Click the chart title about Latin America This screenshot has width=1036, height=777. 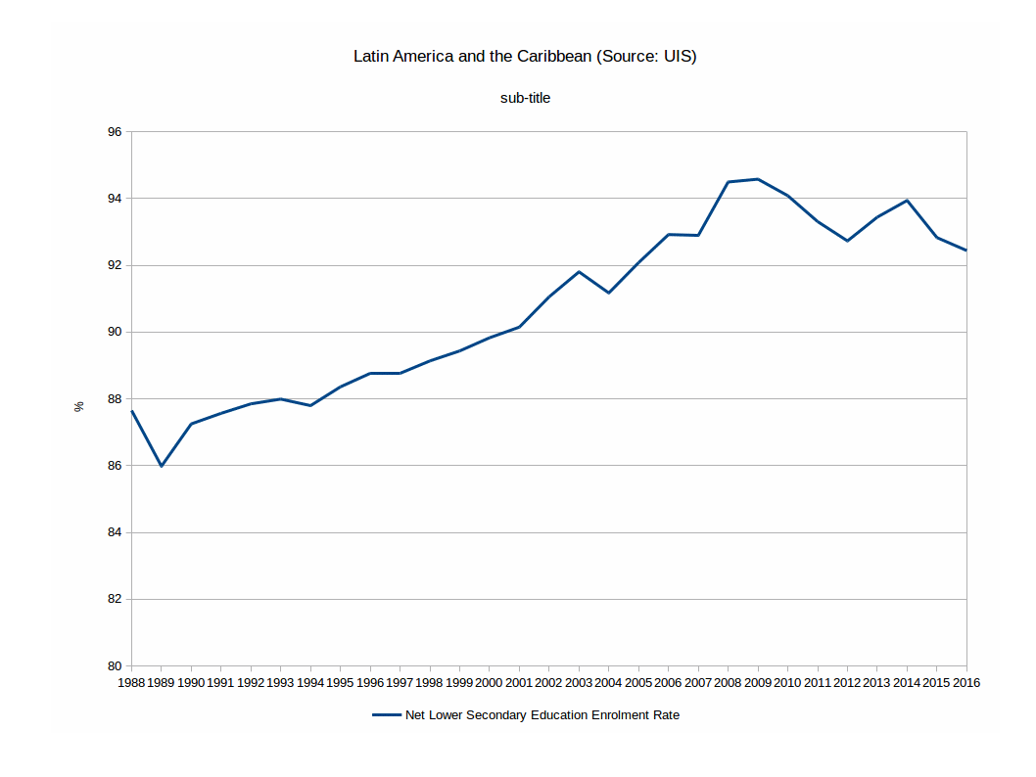tap(525, 57)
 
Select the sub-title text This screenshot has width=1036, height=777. tap(525, 98)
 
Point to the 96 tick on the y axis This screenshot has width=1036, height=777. tap(116, 132)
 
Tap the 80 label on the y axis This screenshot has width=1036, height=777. tap(116, 666)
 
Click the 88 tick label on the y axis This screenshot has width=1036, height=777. tap(116, 399)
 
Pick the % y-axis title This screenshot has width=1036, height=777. tap(79, 406)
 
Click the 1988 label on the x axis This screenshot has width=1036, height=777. tap(131, 682)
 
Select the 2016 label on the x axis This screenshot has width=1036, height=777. tap(965, 682)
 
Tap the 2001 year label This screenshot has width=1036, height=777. tap(519, 682)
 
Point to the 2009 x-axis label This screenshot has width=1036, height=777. tap(757, 682)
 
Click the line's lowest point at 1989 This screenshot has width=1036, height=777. tap(162, 466)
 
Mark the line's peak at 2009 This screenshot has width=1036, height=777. tap(758, 179)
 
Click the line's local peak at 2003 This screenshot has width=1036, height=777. tap(579, 272)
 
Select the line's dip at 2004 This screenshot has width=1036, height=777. tap(609, 293)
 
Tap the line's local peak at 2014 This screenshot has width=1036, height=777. tap(908, 201)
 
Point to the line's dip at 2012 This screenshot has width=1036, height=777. tap(847, 241)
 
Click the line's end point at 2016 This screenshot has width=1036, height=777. tap(966, 251)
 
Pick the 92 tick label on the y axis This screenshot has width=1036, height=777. tap(116, 265)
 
